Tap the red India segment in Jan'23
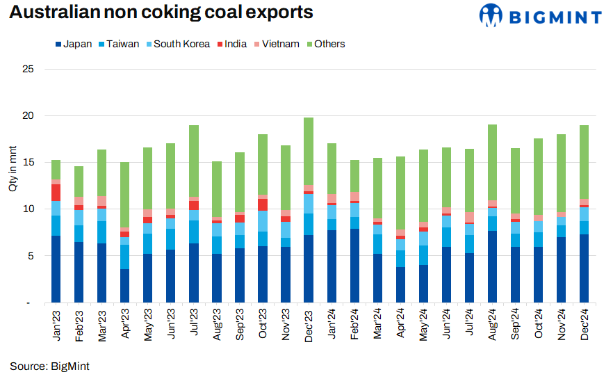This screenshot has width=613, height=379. click(x=56, y=193)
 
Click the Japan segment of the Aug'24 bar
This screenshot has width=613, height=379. click(x=492, y=267)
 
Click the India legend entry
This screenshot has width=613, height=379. click(x=234, y=44)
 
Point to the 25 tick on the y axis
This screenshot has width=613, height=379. click(x=28, y=69)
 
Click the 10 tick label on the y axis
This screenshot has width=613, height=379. click(x=28, y=209)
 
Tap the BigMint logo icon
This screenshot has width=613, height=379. click(x=491, y=14)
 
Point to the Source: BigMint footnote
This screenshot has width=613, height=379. click(x=49, y=366)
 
